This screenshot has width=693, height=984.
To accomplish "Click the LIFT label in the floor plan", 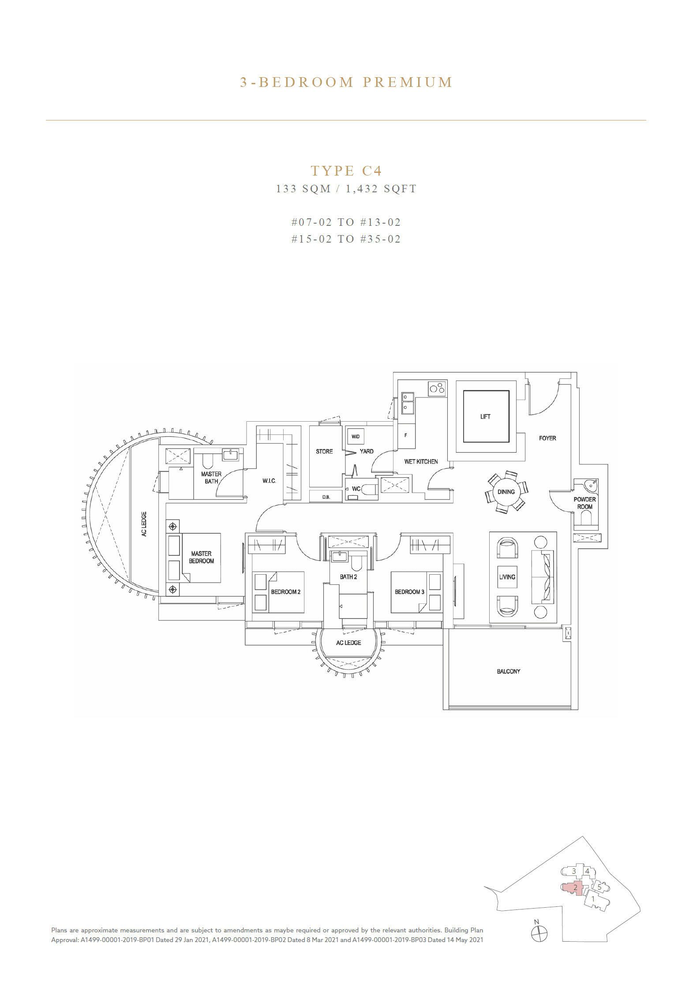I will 485,416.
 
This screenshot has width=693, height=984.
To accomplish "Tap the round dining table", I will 506,492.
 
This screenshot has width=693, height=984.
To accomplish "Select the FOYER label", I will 547,438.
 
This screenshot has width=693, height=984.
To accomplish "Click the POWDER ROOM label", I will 584,503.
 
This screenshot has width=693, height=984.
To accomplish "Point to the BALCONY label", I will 508,671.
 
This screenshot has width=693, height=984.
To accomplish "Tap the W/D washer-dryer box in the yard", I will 356,437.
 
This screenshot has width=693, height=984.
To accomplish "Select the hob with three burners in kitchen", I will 437,389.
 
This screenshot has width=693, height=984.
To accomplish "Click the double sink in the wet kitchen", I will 407,403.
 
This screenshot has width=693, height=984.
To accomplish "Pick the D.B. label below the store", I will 326,497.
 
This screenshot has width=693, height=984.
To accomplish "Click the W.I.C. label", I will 269,481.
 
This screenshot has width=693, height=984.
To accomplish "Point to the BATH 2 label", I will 348,576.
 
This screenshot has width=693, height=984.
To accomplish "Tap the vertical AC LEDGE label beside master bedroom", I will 144,524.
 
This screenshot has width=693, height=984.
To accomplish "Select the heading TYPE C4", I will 346,171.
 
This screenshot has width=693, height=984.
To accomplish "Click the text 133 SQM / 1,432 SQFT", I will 346,189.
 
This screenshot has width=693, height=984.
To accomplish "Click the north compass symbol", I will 539,934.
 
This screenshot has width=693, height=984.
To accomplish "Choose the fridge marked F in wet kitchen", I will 406,436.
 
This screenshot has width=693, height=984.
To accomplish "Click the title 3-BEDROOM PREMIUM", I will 346,82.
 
